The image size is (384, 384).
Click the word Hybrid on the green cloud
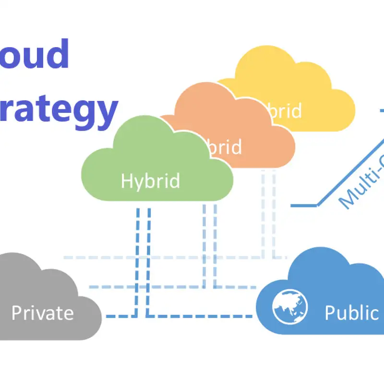pos(150,181)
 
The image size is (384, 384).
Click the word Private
pos(42,313)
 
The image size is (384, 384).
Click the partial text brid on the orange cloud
pos(226,147)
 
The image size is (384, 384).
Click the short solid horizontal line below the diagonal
pos(304,205)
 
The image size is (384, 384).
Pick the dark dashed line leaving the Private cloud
pos(120,316)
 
